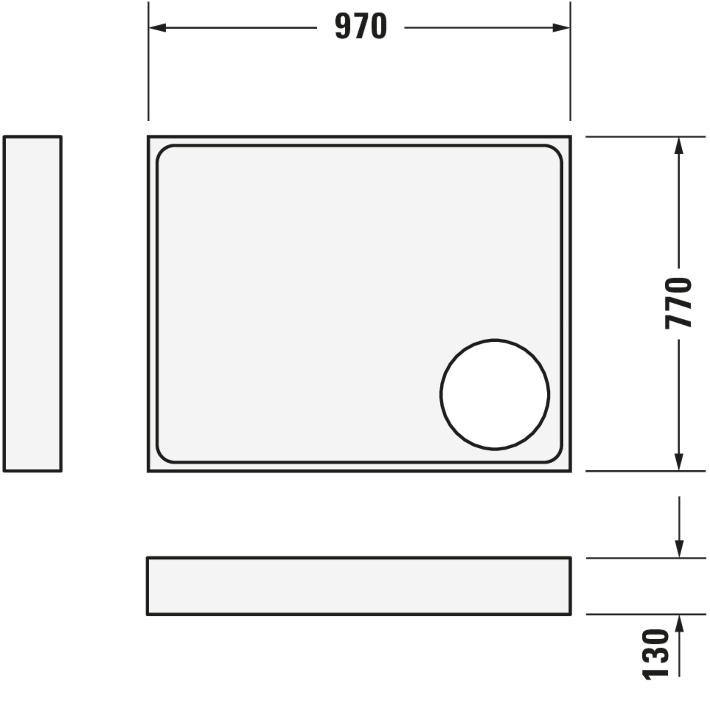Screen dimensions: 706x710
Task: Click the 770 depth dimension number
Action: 678,303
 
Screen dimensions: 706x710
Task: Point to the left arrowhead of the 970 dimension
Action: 158,27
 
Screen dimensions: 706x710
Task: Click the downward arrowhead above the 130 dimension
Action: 679,549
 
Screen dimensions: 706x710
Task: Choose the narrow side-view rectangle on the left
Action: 32,303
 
